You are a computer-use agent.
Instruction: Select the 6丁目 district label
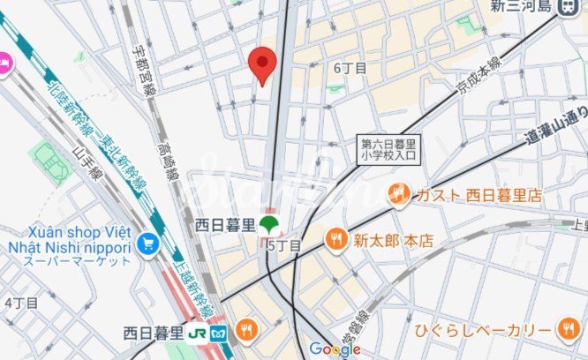click(350, 68)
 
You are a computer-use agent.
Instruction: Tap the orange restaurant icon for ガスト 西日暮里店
click(397, 193)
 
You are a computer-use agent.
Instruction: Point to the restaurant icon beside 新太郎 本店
click(335, 238)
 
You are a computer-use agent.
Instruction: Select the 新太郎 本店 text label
click(385, 239)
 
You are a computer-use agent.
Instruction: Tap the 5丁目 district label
click(284, 245)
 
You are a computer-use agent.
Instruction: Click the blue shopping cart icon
click(147, 242)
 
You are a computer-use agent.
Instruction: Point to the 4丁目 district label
click(20, 302)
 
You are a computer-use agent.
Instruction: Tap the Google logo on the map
click(335, 349)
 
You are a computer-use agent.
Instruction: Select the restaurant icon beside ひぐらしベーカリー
click(567, 330)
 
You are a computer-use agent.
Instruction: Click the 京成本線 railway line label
click(477, 79)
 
